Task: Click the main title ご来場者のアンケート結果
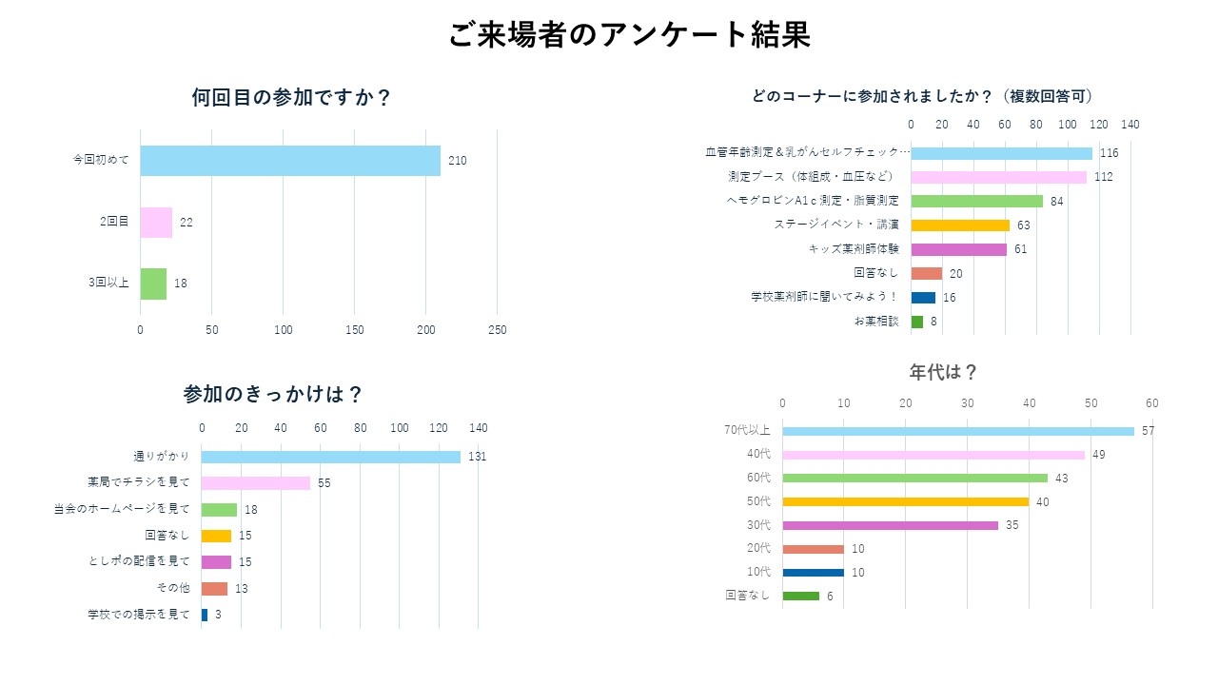click(629, 36)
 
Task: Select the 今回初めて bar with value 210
click(290, 161)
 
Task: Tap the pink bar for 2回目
click(156, 223)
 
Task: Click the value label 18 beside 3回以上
click(181, 283)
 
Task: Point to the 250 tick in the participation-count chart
click(497, 330)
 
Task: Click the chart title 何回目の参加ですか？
click(291, 98)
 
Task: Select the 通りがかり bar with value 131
click(330, 457)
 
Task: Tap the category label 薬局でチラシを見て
click(139, 482)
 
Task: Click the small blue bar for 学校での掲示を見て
click(205, 615)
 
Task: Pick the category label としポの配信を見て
click(139, 561)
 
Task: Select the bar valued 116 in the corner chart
click(1001, 153)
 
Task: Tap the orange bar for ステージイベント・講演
click(960, 225)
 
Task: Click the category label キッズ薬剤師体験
click(854, 249)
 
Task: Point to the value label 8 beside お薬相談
click(933, 322)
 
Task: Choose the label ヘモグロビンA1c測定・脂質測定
click(813, 201)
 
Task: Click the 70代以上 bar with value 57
click(958, 431)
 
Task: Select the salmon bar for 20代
click(813, 549)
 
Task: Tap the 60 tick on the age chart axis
click(1151, 403)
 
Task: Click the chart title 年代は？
click(943, 372)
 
